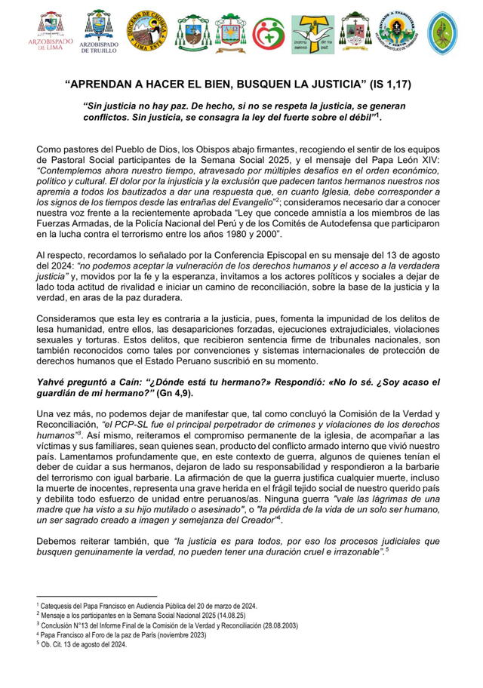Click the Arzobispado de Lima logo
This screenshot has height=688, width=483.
(51, 32)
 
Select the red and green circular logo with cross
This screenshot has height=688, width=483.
(269, 32)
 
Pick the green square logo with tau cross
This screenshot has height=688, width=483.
(312, 34)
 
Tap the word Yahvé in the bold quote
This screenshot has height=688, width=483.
(53, 384)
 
